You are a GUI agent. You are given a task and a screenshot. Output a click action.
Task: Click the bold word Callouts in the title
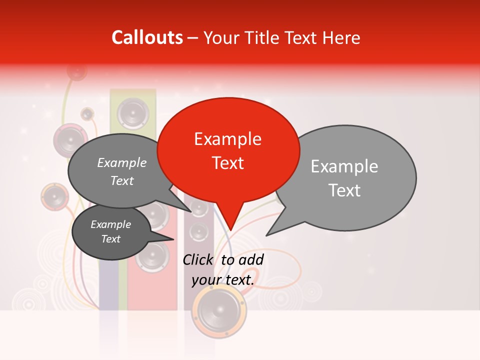147,37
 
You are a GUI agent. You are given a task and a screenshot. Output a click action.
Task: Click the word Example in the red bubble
227,138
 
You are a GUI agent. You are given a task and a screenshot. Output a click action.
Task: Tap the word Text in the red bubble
227,163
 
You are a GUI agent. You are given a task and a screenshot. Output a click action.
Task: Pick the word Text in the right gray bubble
344,190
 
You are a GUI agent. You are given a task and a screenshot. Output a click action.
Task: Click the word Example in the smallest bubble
110,224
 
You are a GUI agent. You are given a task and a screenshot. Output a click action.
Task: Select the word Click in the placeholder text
198,259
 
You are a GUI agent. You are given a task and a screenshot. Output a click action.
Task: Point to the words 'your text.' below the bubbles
223,280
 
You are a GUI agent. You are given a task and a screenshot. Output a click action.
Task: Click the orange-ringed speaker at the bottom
219,312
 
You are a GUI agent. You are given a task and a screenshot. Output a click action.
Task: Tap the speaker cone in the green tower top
132,112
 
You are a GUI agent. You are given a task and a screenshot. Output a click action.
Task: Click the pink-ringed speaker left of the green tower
70,137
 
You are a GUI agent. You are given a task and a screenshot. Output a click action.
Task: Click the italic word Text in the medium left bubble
122,180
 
